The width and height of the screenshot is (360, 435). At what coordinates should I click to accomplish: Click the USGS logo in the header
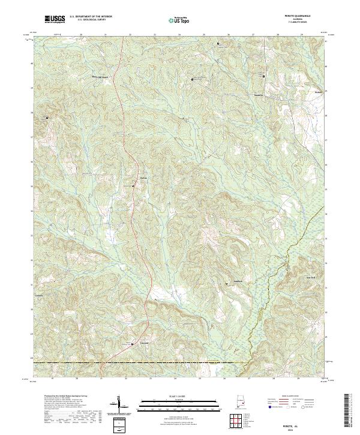point(55,20)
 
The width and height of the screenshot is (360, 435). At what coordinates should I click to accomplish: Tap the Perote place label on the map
point(319,92)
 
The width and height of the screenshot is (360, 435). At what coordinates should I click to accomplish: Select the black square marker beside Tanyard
point(133,344)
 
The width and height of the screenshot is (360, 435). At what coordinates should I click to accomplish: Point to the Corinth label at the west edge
point(40,296)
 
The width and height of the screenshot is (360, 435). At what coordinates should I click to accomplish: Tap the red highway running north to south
point(122,120)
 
